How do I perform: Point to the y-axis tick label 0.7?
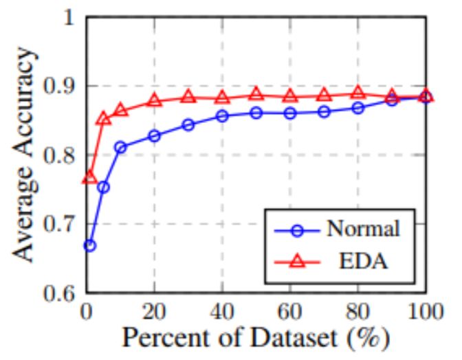pyautogui.click(x=60, y=225)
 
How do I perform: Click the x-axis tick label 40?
pyautogui.click(x=221, y=311)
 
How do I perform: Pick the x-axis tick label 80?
pyautogui.click(x=357, y=311)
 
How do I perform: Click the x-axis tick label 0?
pyautogui.click(x=87, y=311)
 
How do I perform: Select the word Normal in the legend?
pyautogui.click(x=362, y=229)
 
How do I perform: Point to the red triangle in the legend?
pyautogui.click(x=298, y=262)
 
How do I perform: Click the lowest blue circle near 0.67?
pyautogui.click(x=89, y=245)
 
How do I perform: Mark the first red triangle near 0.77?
pyautogui.click(x=89, y=177)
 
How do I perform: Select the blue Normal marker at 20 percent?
pyautogui.click(x=154, y=136)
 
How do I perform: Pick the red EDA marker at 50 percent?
pyautogui.click(x=256, y=93)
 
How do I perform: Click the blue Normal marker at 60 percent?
pyautogui.click(x=289, y=113)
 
